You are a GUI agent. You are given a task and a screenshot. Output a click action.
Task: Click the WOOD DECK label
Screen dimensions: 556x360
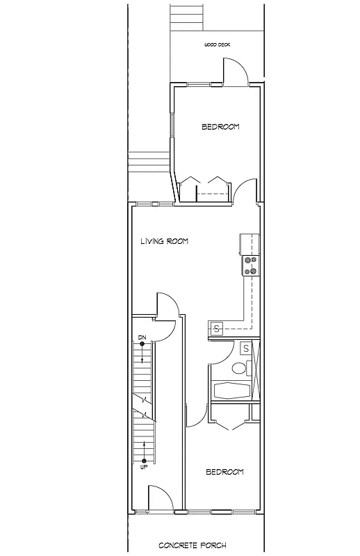[217, 44]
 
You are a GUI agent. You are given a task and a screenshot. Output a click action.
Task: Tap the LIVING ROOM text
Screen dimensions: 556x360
[165, 242]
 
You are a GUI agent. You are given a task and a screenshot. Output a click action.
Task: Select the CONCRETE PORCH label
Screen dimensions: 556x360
[192, 546]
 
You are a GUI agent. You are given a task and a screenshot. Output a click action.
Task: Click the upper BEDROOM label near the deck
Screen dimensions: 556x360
[220, 126]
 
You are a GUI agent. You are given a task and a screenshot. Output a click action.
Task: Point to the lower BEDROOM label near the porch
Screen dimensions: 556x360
[224, 473]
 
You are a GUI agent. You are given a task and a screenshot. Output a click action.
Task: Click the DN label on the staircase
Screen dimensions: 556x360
[142, 338]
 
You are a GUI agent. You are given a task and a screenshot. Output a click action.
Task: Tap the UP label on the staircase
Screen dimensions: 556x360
[143, 466]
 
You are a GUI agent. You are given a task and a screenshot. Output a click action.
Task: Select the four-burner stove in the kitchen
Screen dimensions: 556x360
[250, 265]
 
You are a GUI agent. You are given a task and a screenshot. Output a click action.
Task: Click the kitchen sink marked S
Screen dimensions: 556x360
[216, 329]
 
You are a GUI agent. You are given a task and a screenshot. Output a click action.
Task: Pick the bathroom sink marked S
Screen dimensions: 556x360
[246, 348]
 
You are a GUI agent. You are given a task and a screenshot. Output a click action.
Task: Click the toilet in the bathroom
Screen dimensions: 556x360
[238, 368]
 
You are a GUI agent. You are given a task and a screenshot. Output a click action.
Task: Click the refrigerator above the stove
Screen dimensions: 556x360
[249, 244]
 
